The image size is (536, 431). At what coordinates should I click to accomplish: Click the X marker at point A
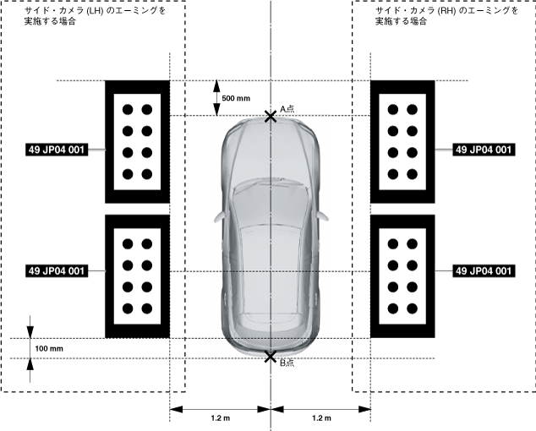pos(270,116)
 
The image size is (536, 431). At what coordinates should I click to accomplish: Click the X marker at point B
pos(270,357)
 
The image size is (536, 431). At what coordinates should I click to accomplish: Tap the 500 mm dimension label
pos(236,98)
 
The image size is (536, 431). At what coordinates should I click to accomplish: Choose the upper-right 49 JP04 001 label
pos(484,150)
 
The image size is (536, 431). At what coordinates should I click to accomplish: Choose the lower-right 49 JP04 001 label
pos(484,271)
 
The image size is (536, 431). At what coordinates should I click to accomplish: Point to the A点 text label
pos(287,107)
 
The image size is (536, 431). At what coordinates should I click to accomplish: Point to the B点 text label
pos(287,363)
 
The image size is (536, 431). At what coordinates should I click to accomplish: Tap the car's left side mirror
pos(219,215)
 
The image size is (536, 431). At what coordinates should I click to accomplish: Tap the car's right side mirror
pos(320,215)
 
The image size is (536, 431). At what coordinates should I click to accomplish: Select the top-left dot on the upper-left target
pos(128,110)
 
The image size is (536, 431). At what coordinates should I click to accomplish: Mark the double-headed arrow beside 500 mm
pos(215,98)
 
